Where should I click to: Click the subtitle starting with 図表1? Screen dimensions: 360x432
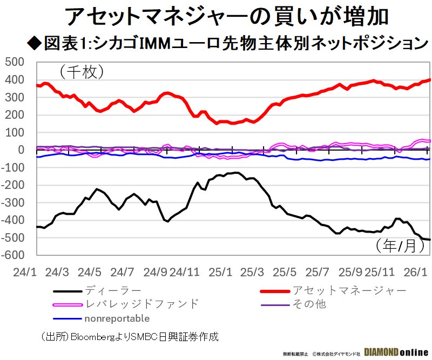226,42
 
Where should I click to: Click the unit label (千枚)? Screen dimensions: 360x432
81,71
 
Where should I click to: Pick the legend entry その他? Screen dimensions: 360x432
309,304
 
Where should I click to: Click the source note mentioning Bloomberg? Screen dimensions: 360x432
130,336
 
